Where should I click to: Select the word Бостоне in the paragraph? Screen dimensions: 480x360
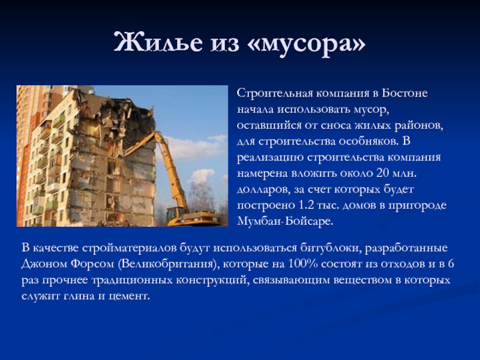404,93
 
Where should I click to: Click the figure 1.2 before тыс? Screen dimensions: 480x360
307,205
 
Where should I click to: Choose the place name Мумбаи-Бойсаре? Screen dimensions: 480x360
285,221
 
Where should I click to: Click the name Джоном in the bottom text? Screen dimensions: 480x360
44,264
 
